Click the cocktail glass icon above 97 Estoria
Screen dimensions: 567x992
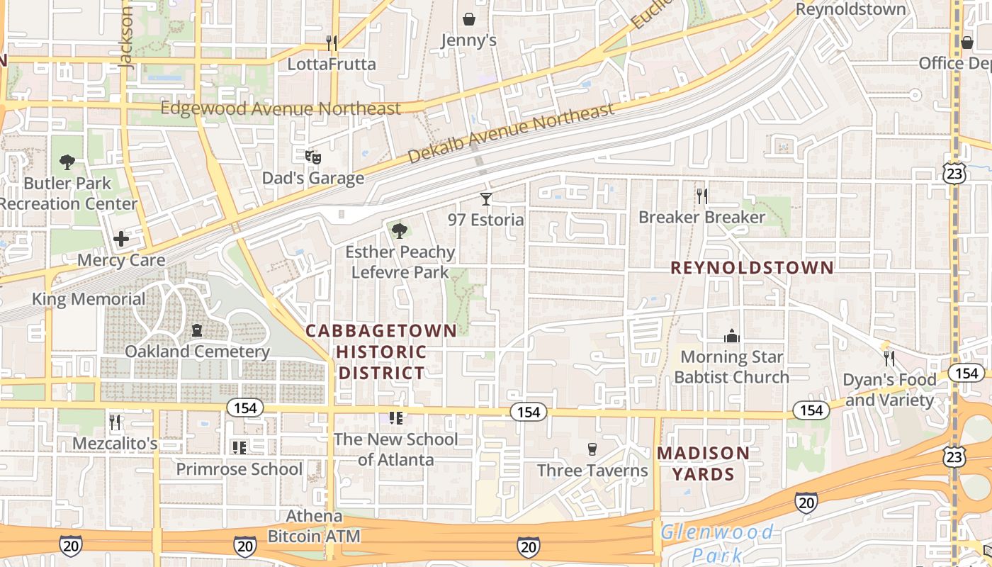(x=486, y=198)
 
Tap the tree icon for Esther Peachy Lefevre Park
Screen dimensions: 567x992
(x=400, y=230)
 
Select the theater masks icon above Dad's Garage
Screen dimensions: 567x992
(x=312, y=157)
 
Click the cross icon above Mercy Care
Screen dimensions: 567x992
(x=121, y=239)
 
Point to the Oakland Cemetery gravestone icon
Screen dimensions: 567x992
(x=197, y=330)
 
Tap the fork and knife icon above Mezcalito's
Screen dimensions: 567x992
(x=115, y=422)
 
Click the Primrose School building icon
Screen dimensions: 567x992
(x=239, y=447)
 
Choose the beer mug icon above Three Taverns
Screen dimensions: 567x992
(x=592, y=449)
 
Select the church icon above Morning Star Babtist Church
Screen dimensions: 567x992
(x=731, y=335)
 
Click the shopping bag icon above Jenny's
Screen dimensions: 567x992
(x=468, y=18)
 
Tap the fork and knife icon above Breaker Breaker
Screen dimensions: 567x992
(x=702, y=196)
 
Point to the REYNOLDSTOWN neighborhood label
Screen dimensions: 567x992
(x=752, y=268)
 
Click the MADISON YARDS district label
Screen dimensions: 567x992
(x=703, y=464)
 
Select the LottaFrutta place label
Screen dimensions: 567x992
(x=332, y=64)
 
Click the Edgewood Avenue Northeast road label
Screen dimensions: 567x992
(x=281, y=108)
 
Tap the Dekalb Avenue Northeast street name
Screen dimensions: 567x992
(x=511, y=132)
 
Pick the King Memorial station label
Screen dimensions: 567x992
(x=89, y=299)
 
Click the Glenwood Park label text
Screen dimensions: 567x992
(x=716, y=543)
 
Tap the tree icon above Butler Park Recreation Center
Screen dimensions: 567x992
(x=67, y=162)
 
